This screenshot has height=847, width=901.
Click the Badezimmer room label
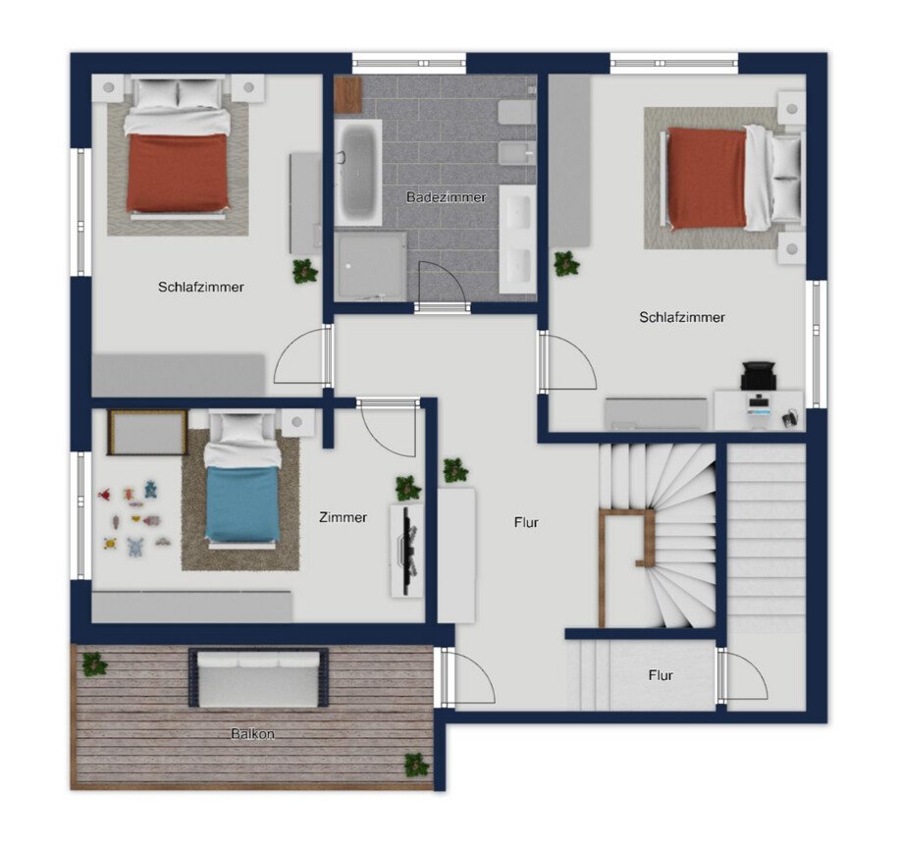tap(446, 197)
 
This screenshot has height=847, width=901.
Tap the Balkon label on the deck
tap(252, 734)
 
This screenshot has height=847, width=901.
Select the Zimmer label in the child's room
tap(344, 517)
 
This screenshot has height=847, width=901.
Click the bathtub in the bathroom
tap(358, 173)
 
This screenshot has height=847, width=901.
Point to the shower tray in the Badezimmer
tap(371, 266)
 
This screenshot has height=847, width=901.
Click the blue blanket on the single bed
tap(241, 503)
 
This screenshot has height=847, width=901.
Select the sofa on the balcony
tap(258, 677)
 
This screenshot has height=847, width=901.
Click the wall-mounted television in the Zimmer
tap(409, 551)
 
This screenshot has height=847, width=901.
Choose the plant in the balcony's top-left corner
tap(93, 664)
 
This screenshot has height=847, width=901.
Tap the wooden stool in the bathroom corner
tap(348, 95)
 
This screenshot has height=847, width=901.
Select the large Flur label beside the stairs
tap(526, 522)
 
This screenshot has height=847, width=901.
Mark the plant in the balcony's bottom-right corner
tap(416, 765)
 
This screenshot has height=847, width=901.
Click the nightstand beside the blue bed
tap(297, 422)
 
